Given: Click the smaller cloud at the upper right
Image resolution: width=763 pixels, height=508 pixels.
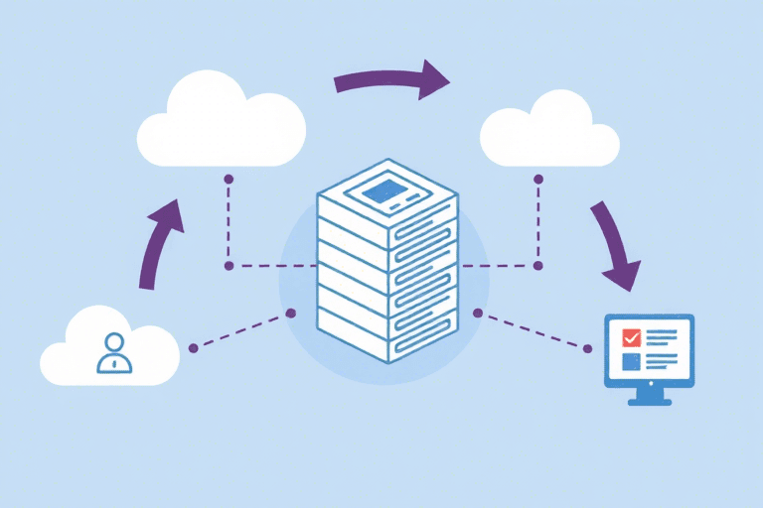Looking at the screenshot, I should pos(548,132).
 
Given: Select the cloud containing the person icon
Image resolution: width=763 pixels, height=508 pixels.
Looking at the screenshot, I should pos(109,347).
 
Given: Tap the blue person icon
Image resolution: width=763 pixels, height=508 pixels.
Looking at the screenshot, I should pos(113,353).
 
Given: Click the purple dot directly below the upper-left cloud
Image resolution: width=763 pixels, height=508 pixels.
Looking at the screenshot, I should pos(229,180).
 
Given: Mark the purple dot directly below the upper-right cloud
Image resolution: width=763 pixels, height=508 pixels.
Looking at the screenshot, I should pos(538,179).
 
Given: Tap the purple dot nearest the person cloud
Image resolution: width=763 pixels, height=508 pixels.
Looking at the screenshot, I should pos(193,348).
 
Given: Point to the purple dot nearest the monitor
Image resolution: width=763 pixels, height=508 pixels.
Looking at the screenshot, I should pos(588,348).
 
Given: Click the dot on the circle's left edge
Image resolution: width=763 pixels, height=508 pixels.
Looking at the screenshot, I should pos(290,313).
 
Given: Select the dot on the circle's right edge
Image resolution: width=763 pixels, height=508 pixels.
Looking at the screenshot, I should pos(478,313).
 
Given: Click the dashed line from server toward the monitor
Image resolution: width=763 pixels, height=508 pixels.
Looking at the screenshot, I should pos(534,330).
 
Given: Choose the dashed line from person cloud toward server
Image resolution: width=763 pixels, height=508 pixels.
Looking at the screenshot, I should pos(241,330).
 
